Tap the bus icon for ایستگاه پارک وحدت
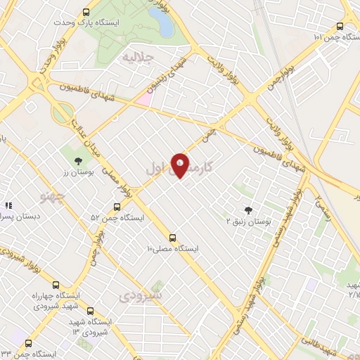(86, 12)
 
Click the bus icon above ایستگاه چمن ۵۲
(117, 207)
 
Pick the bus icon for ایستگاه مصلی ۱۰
(173, 238)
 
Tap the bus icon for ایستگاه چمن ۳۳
(28, 343)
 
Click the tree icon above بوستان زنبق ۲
(247, 210)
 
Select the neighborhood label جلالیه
(137, 56)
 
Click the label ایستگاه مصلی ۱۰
(172, 250)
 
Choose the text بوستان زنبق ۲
(248, 221)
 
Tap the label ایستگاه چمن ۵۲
(117, 218)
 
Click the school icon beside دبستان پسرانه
(9, 206)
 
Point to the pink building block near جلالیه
(143, 98)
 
